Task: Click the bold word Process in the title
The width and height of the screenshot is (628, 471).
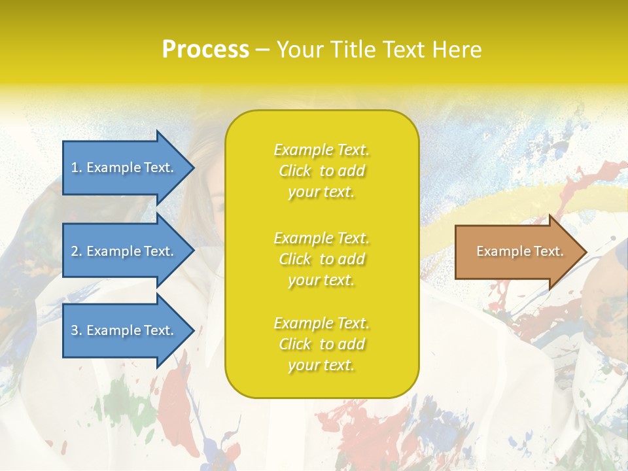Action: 205,50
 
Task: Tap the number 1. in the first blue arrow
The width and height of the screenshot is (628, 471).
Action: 77,167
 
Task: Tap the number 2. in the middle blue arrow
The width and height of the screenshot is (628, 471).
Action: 77,251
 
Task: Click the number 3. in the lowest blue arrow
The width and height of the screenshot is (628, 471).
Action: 77,330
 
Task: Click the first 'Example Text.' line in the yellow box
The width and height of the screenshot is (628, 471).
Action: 321,150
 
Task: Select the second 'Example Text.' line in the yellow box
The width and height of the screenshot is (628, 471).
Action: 321,238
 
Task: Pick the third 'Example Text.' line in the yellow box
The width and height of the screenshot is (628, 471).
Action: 321,323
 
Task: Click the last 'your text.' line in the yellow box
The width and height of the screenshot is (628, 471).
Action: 321,366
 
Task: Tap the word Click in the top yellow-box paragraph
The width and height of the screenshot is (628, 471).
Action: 295,171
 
